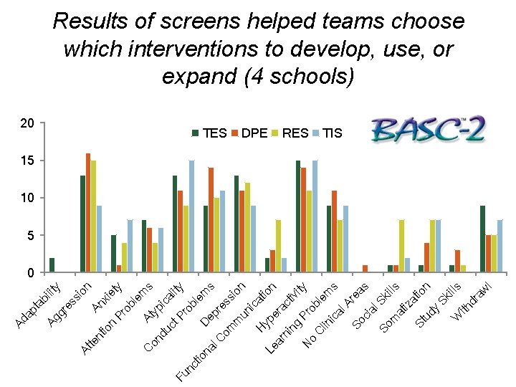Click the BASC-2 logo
pyautogui.click(x=428, y=129)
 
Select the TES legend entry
pyautogui.click(x=209, y=133)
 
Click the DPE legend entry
pyautogui.click(x=249, y=133)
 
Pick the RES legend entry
pyautogui.click(x=290, y=133)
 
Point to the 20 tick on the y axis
pyautogui.click(x=27, y=123)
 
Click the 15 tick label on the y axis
pyautogui.click(x=27, y=161)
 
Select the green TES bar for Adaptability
pyautogui.click(x=52, y=265)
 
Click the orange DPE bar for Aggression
pyautogui.click(x=88, y=213)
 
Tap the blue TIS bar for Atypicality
pyautogui.click(x=191, y=216)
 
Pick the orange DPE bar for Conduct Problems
pyautogui.click(x=211, y=220)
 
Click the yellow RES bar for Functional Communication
pyautogui.click(x=278, y=246)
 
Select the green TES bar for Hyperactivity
pyautogui.click(x=298, y=216)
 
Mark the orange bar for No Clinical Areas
pyautogui.click(x=365, y=269)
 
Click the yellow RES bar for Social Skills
pyautogui.click(x=401, y=246)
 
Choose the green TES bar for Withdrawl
pyautogui.click(x=483, y=239)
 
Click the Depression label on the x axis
pyautogui.click(x=224, y=305)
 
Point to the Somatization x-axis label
pyautogui.click(x=405, y=307)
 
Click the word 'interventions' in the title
pyautogui.click(x=193, y=49)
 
